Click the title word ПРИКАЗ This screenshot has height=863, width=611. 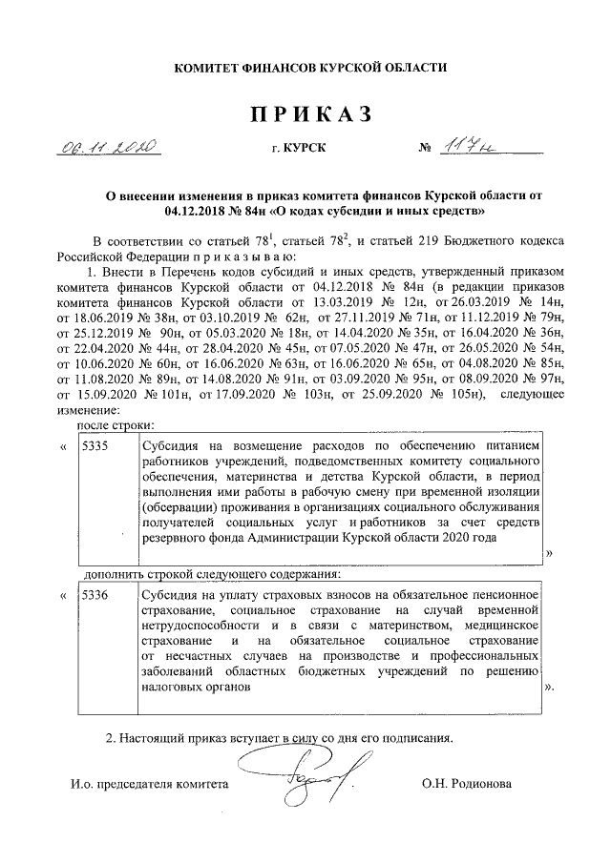(309, 114)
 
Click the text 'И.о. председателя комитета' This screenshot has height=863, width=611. (150, 783)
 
